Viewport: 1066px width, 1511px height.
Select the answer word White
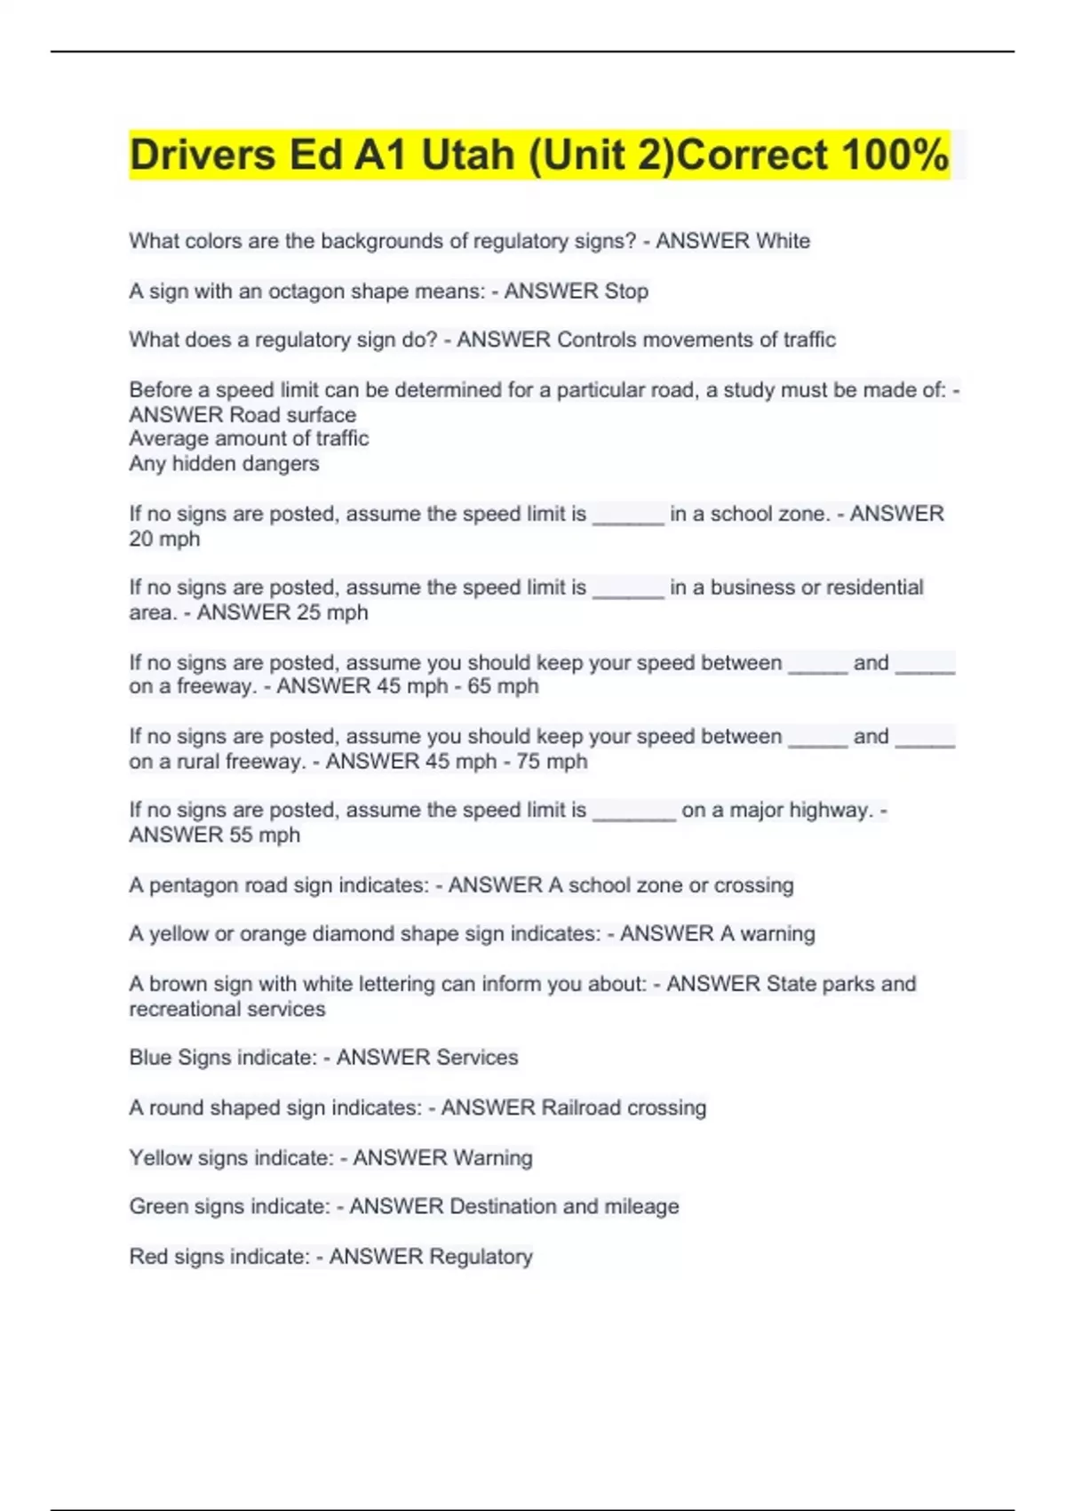[783, 241]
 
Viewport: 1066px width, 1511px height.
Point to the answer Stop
[626, 292]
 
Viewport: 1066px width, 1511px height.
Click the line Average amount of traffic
[249, 438]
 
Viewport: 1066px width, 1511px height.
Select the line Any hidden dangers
[224, 463]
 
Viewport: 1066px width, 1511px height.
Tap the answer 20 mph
[164, 539]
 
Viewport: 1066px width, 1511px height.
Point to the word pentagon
[191, 885]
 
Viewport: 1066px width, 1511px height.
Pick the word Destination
[503, 1206]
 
